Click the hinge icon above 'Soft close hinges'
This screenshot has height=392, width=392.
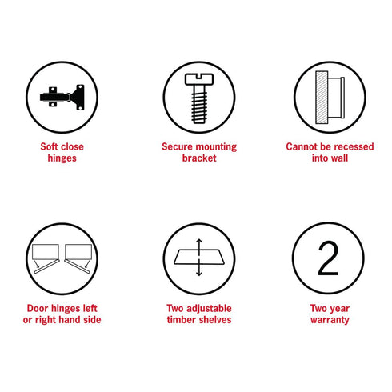click(x=62, y=98)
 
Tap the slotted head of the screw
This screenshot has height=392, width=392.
click(x=199, y=79)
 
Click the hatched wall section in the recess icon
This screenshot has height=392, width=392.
click(x=322, y=98)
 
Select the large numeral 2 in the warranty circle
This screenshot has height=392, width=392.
click(x=328, y=258)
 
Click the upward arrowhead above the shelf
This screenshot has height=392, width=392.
click(x=199, y=241)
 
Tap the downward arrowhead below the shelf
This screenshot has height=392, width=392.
click(x=199, y=274)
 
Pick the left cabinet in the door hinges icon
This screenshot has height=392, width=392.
click(x=46, y=251)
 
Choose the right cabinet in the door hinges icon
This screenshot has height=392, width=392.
click(x=78, y=251)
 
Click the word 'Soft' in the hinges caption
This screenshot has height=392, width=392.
click(x=49, y=146)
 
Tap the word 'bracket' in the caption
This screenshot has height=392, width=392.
click(x=199, y=158)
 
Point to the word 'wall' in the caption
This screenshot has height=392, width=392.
click(x=340, y=158)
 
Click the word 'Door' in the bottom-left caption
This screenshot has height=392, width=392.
click(x=38, y=308)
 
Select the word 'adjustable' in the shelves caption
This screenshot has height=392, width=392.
click(x=209, y=309)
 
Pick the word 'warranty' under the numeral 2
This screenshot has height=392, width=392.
click(x=330, y=320)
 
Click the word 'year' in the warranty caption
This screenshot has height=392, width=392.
click(x=340, y=309)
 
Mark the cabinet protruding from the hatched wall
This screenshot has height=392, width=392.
click(x=336, y=98)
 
